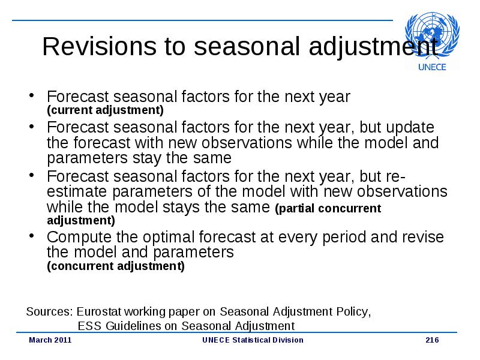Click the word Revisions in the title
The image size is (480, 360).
(x=98, y=46)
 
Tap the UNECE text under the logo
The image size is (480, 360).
(x=432, y=67)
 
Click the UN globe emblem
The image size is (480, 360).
(x=432, y=35)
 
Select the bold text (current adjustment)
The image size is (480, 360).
(x=106, y=110)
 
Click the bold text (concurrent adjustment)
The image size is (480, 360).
(x=116, y=266)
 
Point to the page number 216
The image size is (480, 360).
(x=432, y=340)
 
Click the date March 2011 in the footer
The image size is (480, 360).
(x=50, y=340)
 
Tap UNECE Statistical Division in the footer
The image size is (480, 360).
(x=253, y=340)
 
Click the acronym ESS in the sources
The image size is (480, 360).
(x=89, y=326)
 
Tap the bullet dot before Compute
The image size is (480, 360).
(x=31, y=236)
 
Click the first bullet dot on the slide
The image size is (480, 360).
(x=31, y=95)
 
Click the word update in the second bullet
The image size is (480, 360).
(x=410, y=128)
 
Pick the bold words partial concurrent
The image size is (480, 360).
(x=328, y=208)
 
